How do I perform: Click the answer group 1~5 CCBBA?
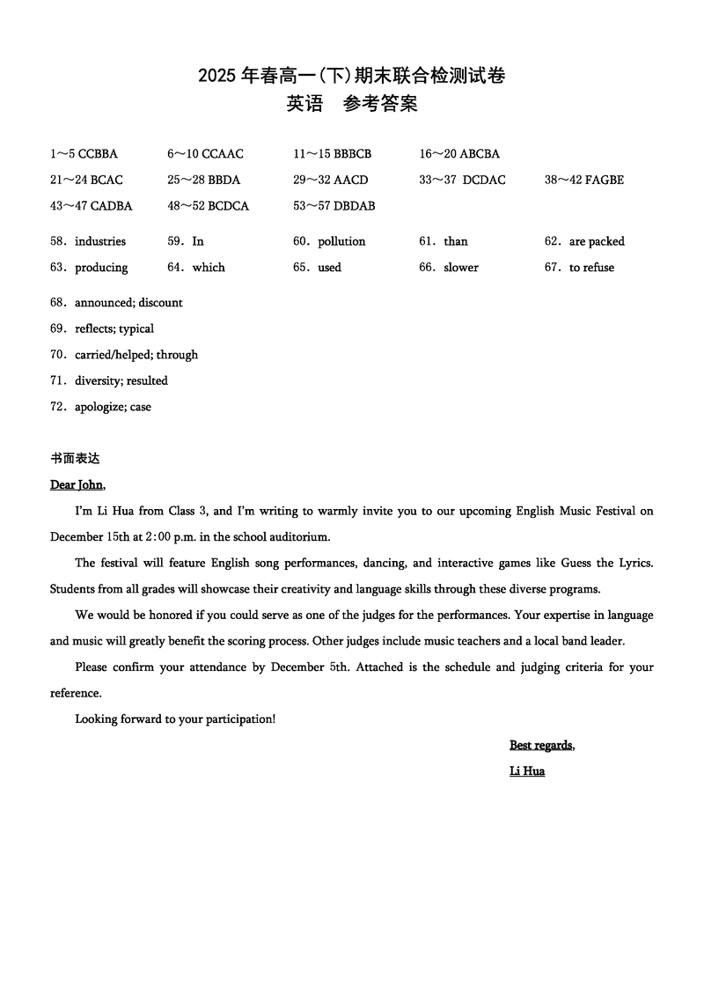pos(84,154)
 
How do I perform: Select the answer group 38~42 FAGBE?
pos(584,181)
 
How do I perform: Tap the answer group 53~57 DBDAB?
pos(334,206)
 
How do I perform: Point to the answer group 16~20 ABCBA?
pos(459,154)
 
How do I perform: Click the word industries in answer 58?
pos(100,241)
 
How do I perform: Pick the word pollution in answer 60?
pos(341,241)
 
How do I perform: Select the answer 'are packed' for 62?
pos(597,241)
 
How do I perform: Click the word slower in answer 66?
pos(461,268)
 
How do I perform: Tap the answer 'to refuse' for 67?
pos(591,268)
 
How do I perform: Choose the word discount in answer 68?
pos(161,303)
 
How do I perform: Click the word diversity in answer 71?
pos(97,381)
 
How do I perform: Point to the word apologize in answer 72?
pos(99,408)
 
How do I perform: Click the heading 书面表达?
pos(75,459)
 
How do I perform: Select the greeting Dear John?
pos(77,484)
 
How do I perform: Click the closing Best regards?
pos(541,746)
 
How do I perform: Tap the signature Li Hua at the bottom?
pos(527,771)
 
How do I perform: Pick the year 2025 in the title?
pos(216,77)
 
